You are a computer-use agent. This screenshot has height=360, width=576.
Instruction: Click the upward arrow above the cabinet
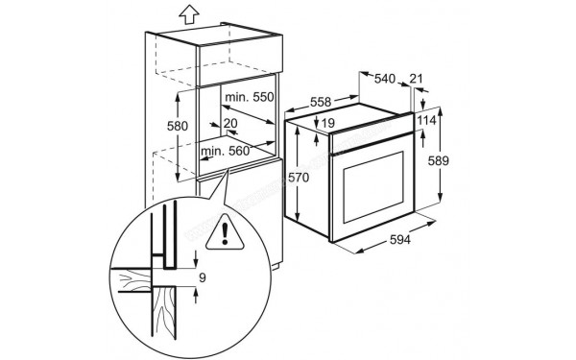pos(189,15)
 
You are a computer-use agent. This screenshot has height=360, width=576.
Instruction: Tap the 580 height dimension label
pos(178,126)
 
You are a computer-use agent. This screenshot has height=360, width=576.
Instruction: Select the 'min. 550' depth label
pos(250,97)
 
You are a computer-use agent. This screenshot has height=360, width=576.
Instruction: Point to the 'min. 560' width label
pos(225,151)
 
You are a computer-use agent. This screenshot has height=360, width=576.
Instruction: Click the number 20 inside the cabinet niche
pos(230,124)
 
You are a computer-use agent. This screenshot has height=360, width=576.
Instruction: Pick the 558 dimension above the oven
pos(321,102)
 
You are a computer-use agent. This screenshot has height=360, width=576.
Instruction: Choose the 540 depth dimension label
pos(385,79)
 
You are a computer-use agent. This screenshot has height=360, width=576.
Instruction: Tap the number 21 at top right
pos(416,79)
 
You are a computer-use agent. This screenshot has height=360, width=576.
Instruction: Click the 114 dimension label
pos(426,120)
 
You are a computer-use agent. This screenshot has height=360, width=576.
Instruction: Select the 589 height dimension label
pos(439,160)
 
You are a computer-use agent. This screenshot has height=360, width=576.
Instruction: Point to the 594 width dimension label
pos(399,239)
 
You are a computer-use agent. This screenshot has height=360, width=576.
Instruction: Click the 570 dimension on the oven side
pos(299,178)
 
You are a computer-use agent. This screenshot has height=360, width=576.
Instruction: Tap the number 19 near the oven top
pos(328,123)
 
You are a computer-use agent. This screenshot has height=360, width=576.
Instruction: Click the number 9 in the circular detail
pos(203,278)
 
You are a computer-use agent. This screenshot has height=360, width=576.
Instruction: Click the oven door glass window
pos(373,187)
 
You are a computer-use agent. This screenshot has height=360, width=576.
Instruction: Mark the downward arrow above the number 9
pos(196,259)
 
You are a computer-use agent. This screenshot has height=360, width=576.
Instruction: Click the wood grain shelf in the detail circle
pos(135,280)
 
